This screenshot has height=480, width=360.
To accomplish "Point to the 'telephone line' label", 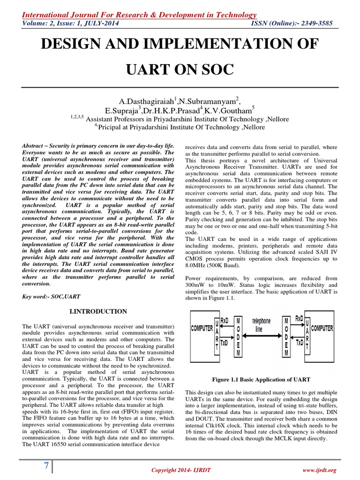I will (x=262, y=324).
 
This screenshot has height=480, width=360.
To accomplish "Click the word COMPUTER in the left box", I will (x=202, y=328).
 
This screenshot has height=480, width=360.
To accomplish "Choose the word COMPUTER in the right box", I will (x=323, y=328).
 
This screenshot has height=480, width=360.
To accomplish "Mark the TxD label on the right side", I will (x=299, y=343).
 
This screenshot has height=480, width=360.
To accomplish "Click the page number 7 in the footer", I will (x=46, y=466).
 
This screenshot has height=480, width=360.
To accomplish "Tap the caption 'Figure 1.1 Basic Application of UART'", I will (x=261, y=379).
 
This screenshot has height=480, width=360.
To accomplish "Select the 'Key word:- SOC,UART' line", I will (x=51, y=297).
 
